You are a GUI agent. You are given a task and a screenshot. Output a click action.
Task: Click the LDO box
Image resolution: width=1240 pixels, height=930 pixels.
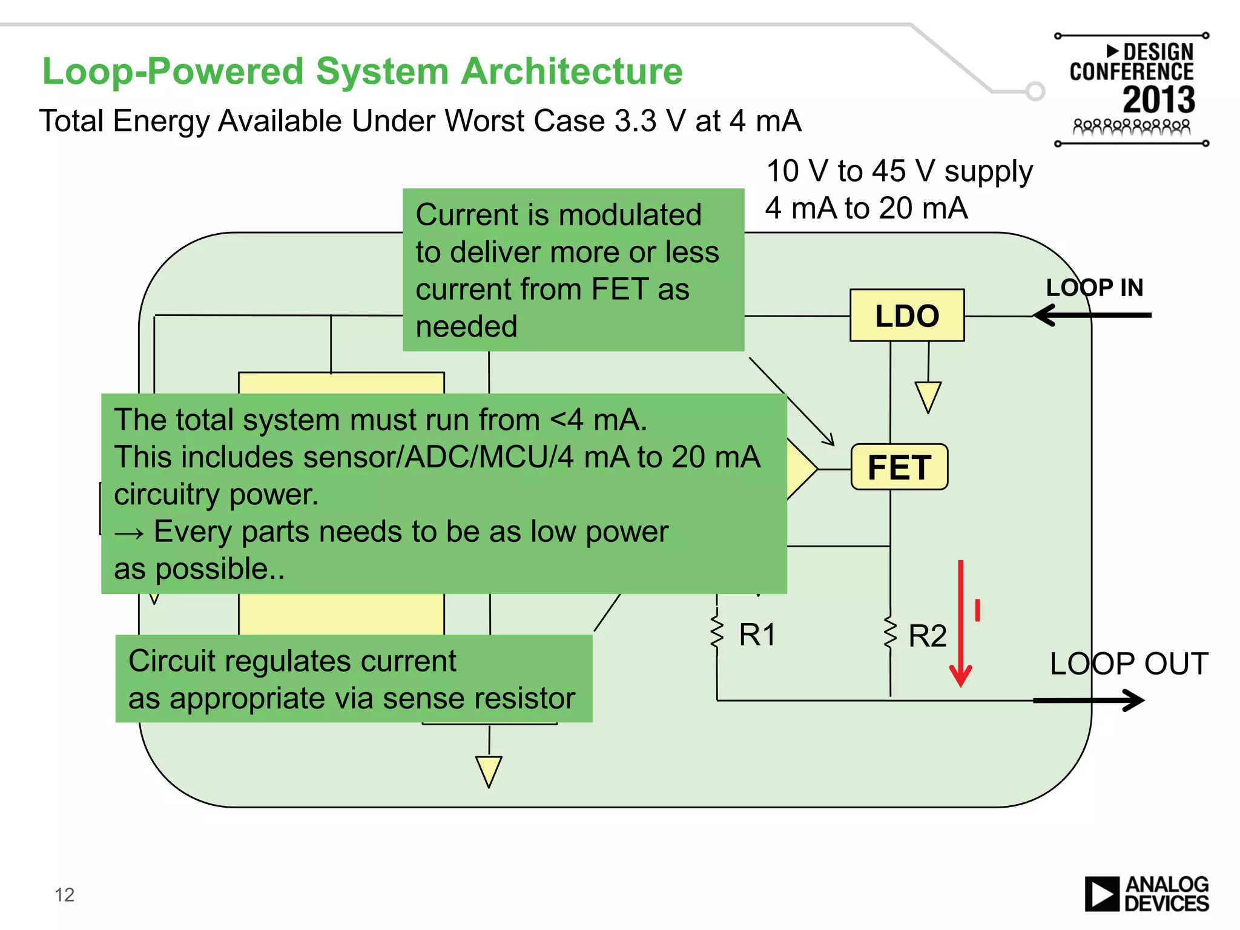point(906,315)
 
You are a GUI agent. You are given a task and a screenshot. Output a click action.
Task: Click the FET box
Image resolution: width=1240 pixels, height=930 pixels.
point(899,467)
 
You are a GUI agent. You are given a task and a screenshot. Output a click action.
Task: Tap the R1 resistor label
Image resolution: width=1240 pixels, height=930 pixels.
point(757,635)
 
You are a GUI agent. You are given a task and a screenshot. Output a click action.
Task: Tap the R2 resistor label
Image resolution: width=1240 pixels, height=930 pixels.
point(927,636)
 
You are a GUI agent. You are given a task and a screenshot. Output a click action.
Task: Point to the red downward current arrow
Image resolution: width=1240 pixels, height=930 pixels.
point(960,624)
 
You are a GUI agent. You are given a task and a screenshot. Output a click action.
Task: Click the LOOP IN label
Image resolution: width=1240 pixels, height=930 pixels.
point(1094,288)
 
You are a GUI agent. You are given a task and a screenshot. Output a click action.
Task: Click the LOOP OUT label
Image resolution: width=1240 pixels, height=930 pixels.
point(1129,664)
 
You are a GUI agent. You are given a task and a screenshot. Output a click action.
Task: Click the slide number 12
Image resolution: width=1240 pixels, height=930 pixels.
point(64,895)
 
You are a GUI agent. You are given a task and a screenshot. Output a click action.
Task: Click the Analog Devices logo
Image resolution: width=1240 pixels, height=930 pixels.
point(1146,894)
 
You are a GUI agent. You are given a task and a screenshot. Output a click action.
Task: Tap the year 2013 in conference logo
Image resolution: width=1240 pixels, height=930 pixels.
point(1158,99)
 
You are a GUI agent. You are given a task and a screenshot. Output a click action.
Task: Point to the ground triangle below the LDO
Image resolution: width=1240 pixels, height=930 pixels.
point(928,397)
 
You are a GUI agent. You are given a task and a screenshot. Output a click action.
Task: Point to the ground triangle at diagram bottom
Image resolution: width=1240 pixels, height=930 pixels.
point(489,771)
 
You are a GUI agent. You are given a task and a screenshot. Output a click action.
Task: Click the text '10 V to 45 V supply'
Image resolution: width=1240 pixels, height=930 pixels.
point(899,171)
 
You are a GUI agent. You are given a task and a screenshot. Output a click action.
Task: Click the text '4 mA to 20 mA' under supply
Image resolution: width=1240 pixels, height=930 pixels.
point(866,208)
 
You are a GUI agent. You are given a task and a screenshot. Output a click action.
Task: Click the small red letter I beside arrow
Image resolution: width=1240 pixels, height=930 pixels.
point(977,610)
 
